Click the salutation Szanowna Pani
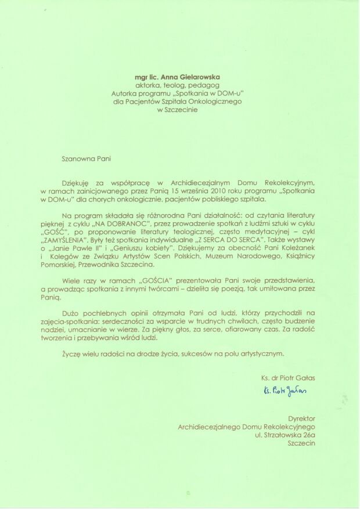click(x=86, y=157)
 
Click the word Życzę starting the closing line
click(x=70, y=353)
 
